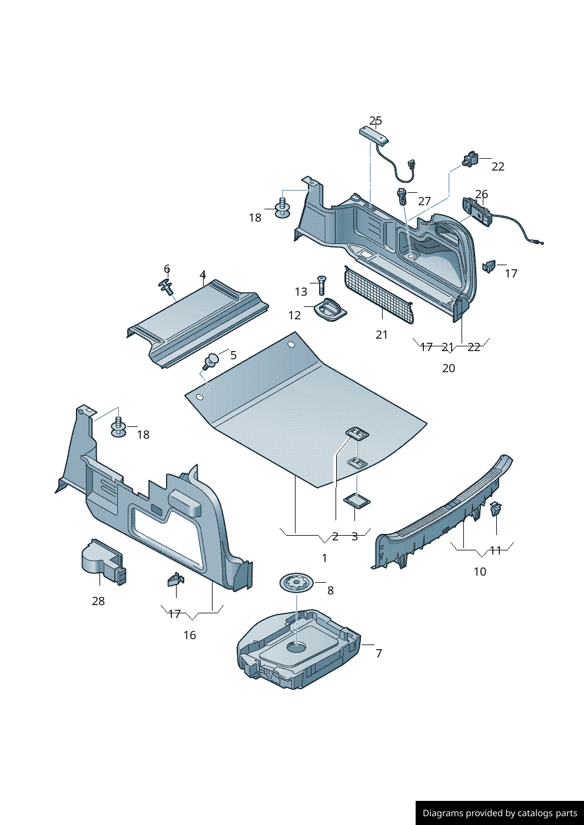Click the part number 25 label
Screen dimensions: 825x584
pos(376,121)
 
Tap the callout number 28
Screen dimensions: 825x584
pos(98,600)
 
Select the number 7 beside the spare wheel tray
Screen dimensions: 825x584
pos(379,653)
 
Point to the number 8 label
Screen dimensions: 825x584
pos(330,590)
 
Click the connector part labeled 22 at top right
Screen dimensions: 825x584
pos(470,159)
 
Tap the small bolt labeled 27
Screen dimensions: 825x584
pos(402,195)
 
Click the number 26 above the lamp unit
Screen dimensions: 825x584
pos(482,194)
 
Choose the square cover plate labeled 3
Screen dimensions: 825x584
pos(356,501)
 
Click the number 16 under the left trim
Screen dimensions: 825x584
pos(190,635)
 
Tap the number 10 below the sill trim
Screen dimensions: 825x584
pos(480,572)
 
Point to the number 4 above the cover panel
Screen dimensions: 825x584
pos(203,275)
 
